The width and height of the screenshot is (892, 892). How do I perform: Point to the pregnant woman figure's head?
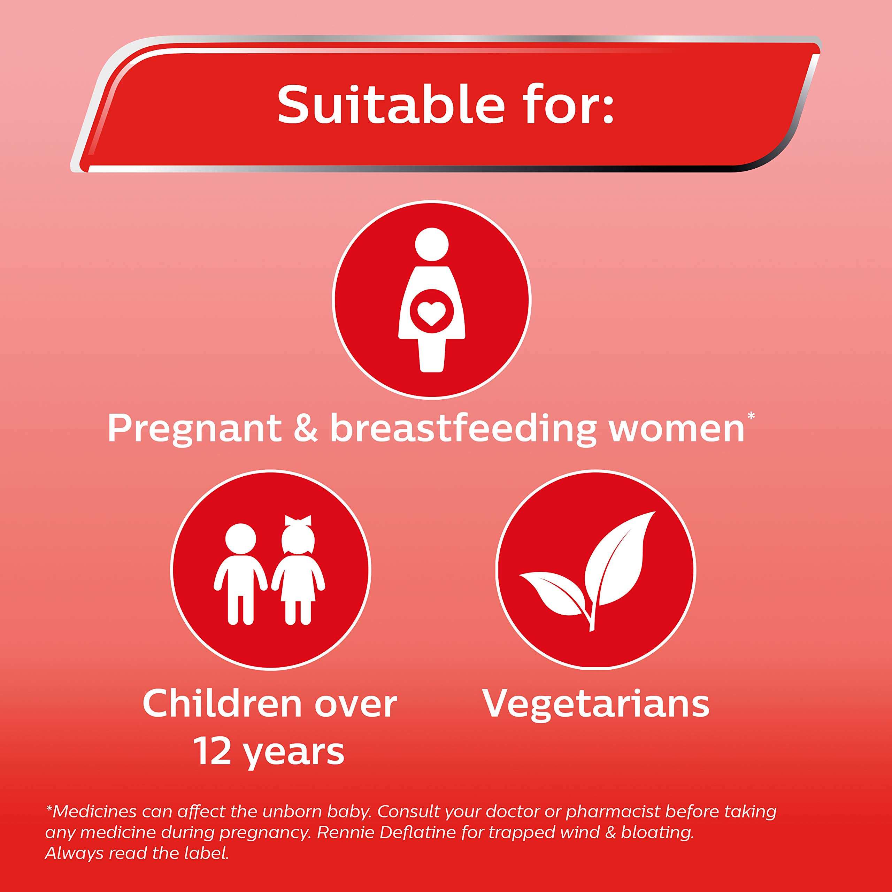432,244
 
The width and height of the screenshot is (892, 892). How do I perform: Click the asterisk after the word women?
751,416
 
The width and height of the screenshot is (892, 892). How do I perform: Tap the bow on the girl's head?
298,520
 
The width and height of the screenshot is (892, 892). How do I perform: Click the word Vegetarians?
596,703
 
